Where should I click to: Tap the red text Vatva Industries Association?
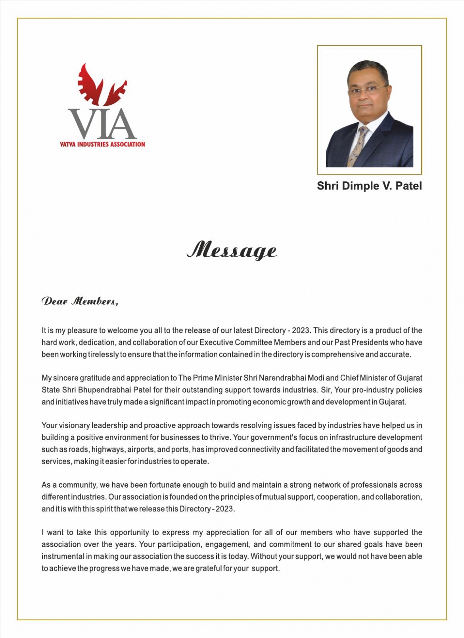102,144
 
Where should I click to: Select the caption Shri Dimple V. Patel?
369,186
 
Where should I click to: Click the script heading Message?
232,251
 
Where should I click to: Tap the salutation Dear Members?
80,302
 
